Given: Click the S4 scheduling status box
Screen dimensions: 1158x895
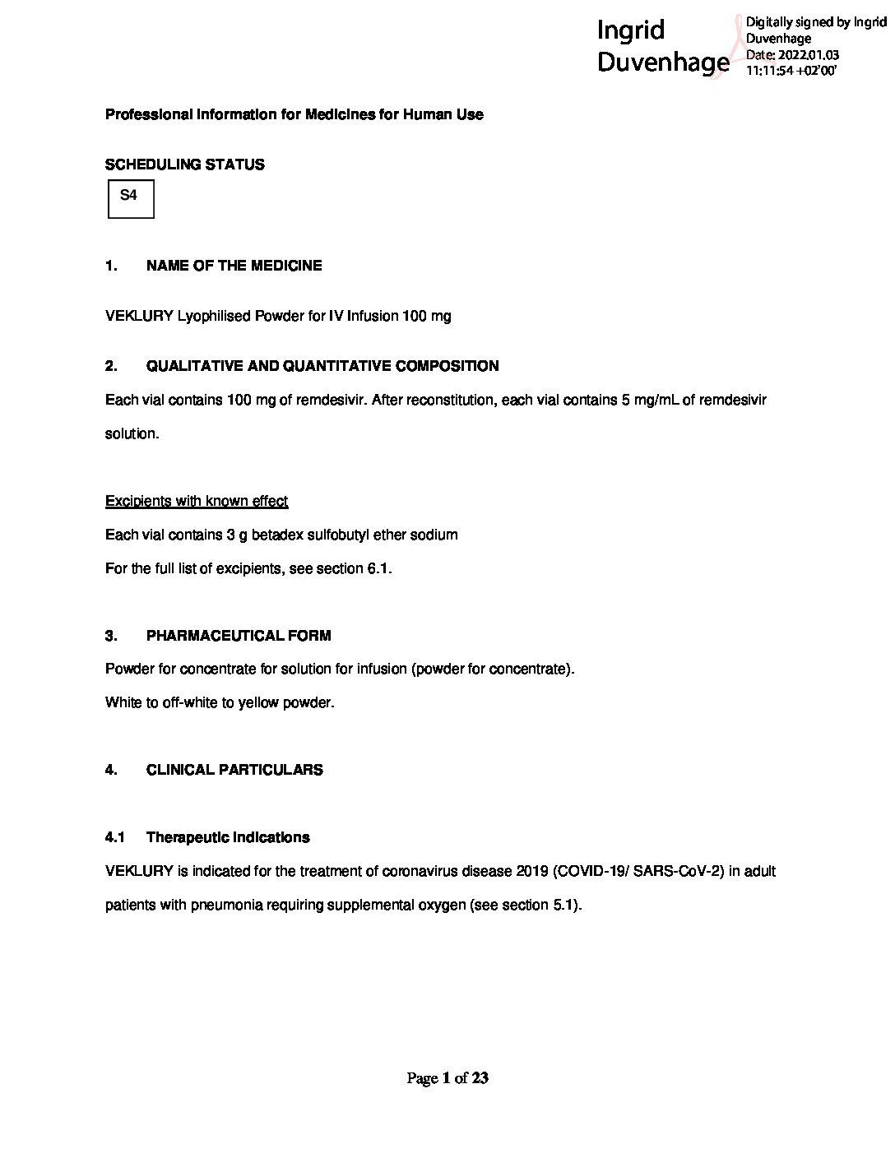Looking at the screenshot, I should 131,199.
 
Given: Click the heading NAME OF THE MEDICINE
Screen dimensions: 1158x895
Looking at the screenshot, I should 234,266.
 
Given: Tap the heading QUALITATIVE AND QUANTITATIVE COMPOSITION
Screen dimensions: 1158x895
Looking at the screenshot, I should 322,366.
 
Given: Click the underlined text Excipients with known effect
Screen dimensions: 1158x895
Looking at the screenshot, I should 197,501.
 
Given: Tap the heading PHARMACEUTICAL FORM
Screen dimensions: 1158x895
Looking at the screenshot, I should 239,636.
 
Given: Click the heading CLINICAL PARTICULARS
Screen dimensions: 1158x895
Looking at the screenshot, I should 234,770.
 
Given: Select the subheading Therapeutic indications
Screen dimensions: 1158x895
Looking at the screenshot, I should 228,837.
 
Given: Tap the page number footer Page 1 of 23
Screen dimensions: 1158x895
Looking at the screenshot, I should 447,1077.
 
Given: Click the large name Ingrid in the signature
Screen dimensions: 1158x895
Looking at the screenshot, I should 630,30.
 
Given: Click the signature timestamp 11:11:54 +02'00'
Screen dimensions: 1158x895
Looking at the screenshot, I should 791,71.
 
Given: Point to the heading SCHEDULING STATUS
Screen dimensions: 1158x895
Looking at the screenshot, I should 185,164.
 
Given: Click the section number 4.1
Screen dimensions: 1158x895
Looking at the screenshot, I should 114,837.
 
